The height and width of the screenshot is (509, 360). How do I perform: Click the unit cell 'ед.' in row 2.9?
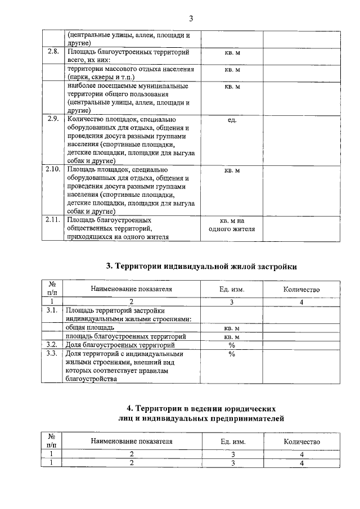click(x=232, y=119)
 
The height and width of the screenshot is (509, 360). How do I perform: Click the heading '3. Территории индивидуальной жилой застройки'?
click(x=202, y=266)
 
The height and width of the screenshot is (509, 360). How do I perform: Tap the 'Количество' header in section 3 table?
click(x=301, y=289)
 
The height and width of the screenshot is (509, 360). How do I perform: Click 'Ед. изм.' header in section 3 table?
click(x=232, y=289)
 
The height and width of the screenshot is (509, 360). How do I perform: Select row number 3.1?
click(x=52, y=310)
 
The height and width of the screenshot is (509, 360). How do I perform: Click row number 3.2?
click(x=52, y=344)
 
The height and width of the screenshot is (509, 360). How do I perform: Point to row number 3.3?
click(x=52, y=354)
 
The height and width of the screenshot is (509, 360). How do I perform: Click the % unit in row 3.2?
click(x=232, y=345)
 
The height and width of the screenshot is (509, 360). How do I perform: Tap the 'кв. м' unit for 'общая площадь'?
click(x=232, y=327)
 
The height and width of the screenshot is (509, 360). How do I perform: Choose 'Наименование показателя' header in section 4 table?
click(x=131, y=442)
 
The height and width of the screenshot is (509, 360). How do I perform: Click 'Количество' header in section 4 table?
click(x=301, y=442)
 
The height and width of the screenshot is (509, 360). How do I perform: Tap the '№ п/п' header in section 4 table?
click(x=52, y=441)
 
